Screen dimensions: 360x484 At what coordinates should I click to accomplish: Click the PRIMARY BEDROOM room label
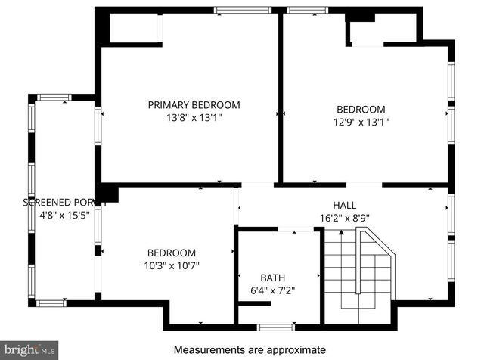point(194,105)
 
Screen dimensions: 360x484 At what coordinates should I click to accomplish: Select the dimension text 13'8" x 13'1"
point(194,118)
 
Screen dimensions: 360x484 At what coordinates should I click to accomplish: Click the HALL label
point(344,205)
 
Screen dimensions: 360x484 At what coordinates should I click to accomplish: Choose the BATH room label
point(272,278)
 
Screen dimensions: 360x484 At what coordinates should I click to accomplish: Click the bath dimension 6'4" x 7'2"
point(272,290)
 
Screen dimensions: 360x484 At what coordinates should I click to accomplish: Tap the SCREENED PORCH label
point(64,203)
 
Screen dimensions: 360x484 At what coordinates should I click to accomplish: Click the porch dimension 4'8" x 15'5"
point(64,216)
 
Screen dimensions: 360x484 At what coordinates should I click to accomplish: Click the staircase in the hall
point(360,272)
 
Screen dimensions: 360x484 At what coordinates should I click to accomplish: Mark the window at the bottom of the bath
point(275,327)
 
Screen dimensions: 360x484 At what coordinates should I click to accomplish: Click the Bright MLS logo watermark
point(29,349)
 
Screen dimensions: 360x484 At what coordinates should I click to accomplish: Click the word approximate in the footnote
point(298,350)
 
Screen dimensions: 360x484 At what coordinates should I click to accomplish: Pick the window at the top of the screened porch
point(54,97)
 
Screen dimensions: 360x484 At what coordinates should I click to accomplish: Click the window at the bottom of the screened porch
point(51,303)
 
